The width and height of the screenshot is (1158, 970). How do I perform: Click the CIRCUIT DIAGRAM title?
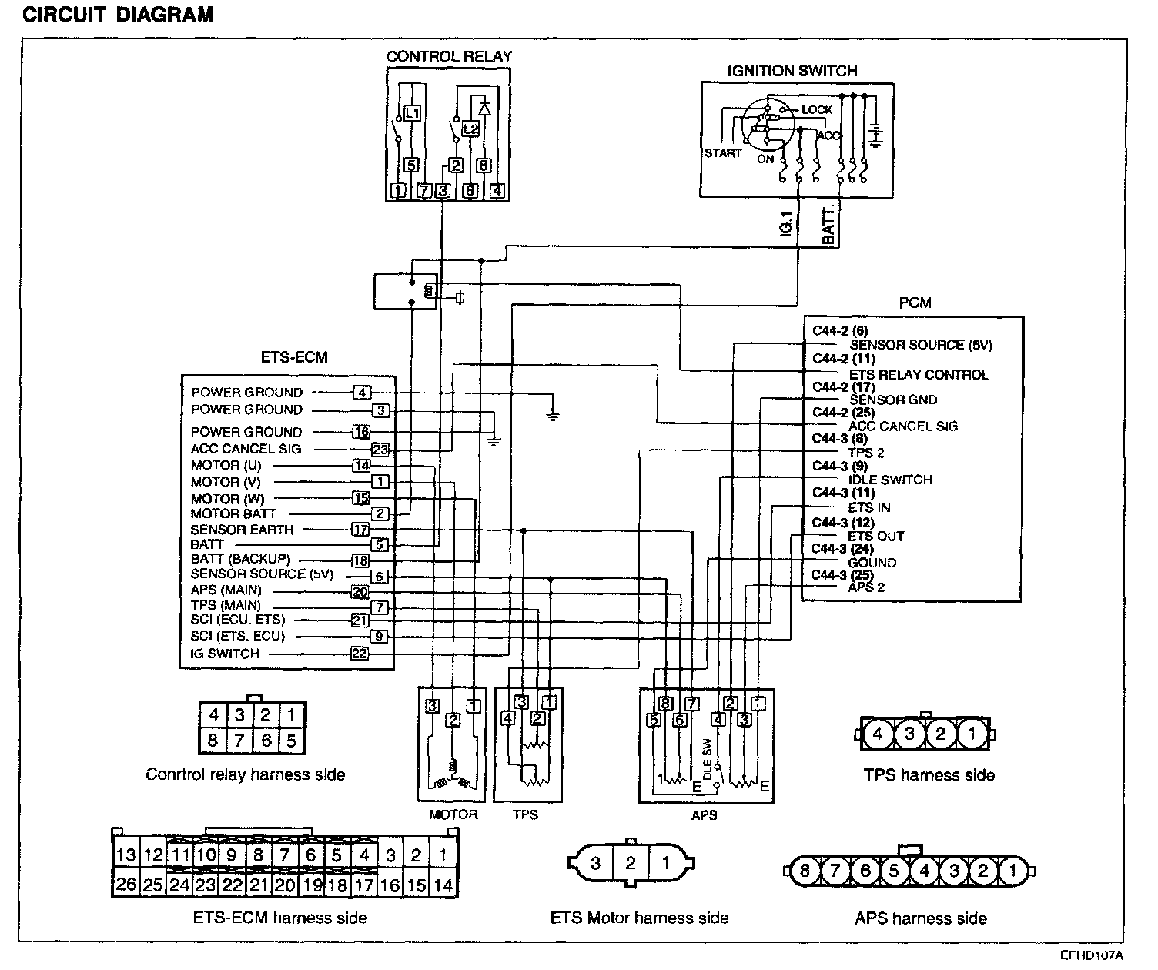118,15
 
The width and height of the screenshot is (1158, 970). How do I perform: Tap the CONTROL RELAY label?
448,56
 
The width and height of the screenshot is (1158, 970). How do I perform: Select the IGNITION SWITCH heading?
792,71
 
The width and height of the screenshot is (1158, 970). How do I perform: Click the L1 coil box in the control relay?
413,113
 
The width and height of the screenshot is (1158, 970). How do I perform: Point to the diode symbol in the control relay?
484,107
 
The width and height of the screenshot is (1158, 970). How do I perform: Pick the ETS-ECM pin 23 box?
380,450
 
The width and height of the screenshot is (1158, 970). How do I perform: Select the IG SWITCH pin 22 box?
360,654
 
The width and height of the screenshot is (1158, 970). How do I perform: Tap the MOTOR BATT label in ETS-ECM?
233,513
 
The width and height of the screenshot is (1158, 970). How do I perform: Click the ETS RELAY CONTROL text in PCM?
919,375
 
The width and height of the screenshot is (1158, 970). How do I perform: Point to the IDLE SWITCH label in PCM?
890,480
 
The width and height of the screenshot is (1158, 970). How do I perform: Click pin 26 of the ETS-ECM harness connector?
126,885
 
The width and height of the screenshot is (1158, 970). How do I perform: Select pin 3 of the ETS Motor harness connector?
595,863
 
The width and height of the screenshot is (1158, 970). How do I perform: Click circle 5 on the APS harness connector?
894,871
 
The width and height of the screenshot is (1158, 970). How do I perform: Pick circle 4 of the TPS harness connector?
878,734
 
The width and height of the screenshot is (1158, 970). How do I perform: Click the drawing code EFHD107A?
1093,955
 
